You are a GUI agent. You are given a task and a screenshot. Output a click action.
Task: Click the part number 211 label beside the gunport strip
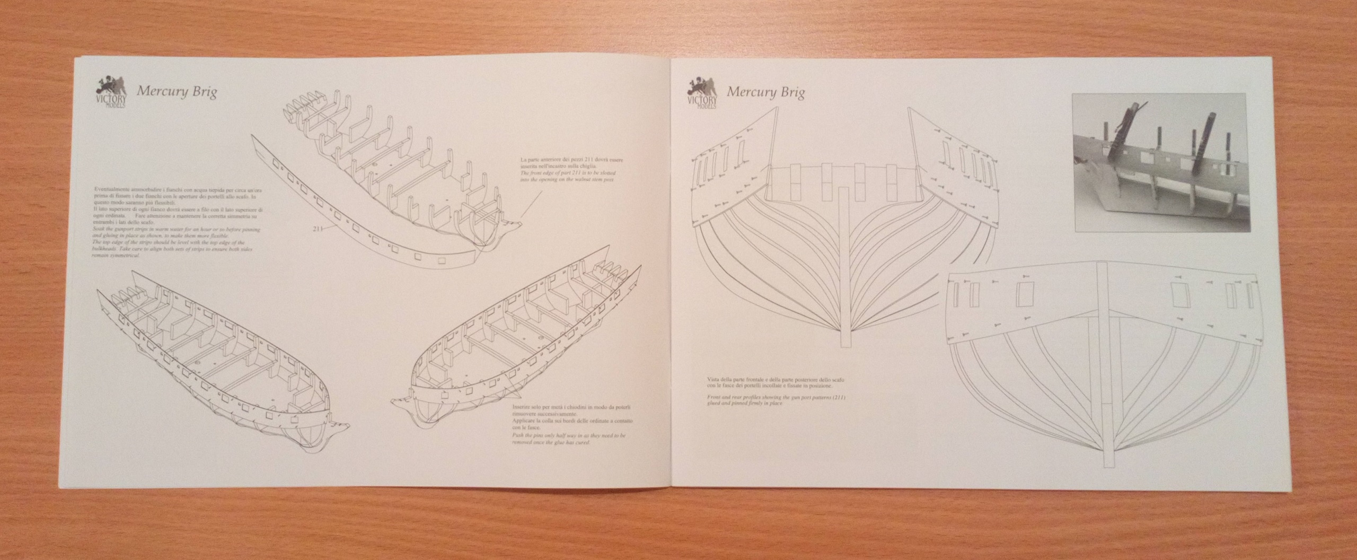[x=318, y=229]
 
